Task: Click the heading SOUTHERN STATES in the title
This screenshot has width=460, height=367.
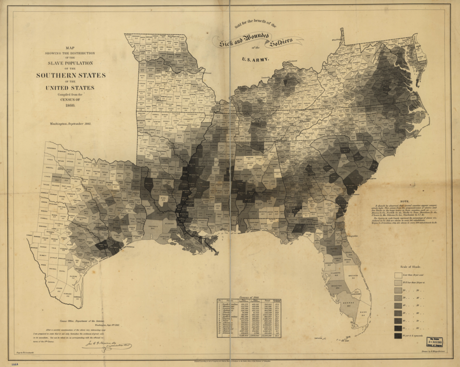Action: point(71,75)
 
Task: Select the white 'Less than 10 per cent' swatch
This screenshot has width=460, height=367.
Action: point(398,275)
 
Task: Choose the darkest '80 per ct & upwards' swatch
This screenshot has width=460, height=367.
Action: point(398,336)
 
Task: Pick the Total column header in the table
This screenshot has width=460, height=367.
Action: point(268,301)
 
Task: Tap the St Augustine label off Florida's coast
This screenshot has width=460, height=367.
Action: point(352,236)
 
